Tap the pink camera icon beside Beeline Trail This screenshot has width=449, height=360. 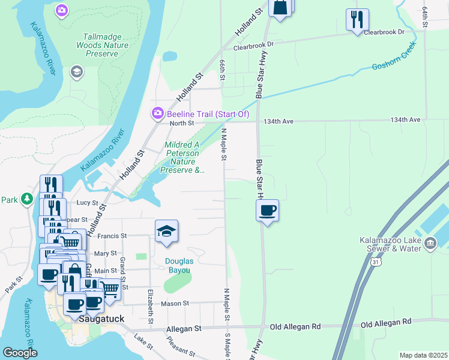[157, 113]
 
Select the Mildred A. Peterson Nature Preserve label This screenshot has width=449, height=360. [183, 157]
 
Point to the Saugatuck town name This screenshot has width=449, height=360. [101, 320]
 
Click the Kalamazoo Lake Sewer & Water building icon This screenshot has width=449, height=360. [430, 243]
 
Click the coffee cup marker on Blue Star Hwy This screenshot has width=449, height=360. [268, 211]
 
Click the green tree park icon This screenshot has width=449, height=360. [26, 199]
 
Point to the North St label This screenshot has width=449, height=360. [182, 123]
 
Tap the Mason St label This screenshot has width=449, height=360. [174, 304]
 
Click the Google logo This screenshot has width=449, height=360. [20, 353]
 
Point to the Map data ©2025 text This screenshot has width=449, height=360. [423, 355]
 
